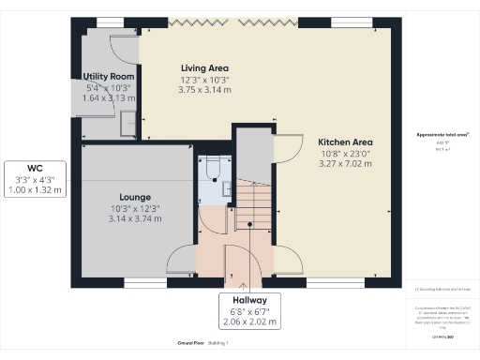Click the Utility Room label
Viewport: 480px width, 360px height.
pos(109,76)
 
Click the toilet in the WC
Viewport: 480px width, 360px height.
pos(212,167)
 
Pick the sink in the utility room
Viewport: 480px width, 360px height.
pos(127,120)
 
